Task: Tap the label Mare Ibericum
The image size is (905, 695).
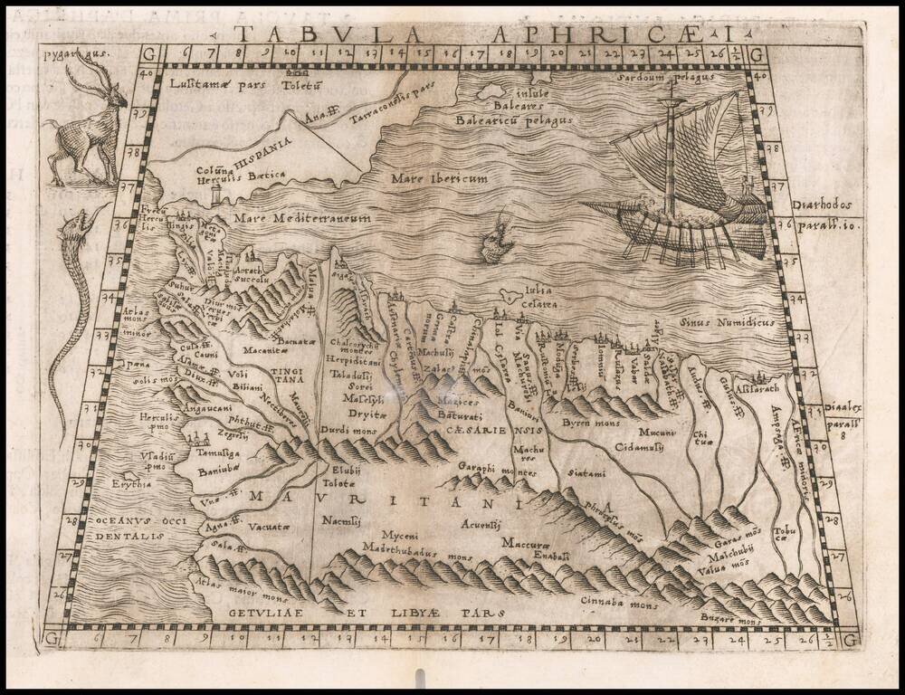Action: (x=439, y=179)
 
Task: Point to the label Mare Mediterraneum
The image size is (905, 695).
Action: (x=302, y=218)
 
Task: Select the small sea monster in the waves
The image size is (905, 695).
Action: (x=493, y=239)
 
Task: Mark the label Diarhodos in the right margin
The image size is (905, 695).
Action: (x=820, y=205)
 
